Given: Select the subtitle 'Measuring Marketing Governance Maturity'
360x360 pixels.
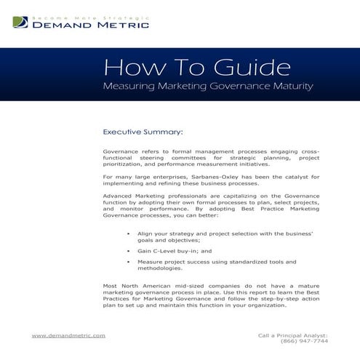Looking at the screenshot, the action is [209, 87].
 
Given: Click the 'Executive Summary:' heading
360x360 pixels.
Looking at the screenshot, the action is [143, 132].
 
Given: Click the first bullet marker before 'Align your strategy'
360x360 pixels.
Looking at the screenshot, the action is [128, 233].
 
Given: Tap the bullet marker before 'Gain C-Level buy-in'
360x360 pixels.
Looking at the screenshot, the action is [128, 250].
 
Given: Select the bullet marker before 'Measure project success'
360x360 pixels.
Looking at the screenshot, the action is [128, 261].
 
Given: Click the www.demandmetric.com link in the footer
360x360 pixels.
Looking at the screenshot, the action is [69, 335].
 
